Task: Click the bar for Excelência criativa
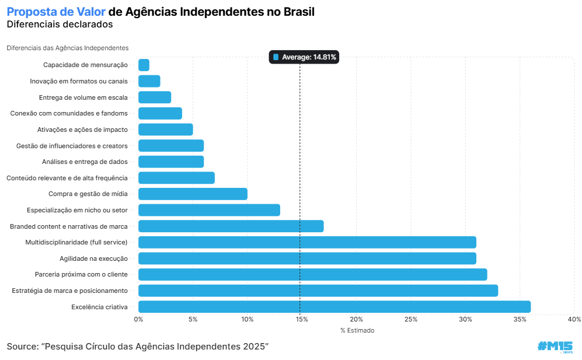(x=334, y=306)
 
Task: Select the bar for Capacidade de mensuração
(x=144, y=65)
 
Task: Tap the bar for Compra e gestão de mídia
(x=193, y=194)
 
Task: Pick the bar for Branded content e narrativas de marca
(x=231, y=226)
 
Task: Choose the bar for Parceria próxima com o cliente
(x=312, y=274)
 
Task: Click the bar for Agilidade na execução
(x=307, y=258)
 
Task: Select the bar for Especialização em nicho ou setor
(x=209, y=210)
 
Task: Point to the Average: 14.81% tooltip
(x=304, y=57)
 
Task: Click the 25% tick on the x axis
(x=411, y=319)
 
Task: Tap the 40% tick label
(x=574, y=319)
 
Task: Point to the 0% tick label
(x=139, y=319)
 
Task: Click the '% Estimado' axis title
(x=357, y=330)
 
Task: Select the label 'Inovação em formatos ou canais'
(x=79, y=81)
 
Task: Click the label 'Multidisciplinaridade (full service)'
(x=76, y=242)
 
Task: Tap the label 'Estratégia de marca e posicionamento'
(x=69, y=291)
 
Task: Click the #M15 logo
(x=555, y=346)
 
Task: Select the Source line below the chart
(x=138, y=347)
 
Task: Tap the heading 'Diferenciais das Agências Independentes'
(x=68, y=48)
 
